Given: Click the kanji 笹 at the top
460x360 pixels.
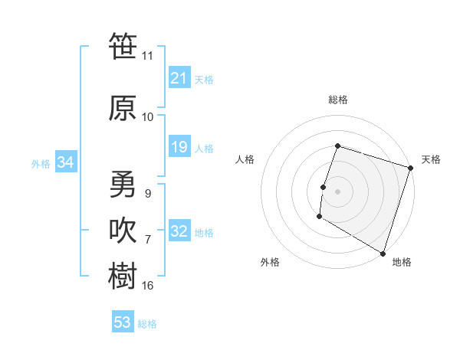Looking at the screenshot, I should click(123, 46).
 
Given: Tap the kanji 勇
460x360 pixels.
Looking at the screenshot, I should click(123, 184).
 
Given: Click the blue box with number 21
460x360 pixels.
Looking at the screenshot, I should click(179, 78).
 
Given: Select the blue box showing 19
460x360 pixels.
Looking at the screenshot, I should click(179, 147).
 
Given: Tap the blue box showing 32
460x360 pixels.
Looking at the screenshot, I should click(179, 232).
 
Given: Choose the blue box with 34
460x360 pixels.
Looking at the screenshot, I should click(65, 162).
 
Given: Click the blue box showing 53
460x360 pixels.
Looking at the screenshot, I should click(123, 322).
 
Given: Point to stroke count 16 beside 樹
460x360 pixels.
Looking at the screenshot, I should click(148, 286).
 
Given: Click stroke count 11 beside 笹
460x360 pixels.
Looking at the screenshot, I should click(148, 55).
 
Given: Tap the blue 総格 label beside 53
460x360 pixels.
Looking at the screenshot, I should click(148, 324).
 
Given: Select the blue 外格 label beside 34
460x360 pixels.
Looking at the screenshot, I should click(41, 163).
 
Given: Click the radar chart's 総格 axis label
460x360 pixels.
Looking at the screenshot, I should click(337, 100).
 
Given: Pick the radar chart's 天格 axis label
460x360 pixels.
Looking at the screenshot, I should click(431, 159).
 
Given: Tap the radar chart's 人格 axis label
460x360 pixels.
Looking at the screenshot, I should click(245, 159).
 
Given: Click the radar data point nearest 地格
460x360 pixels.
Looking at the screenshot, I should click(383, 253).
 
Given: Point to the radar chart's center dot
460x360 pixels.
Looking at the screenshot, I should click(337, 191).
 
